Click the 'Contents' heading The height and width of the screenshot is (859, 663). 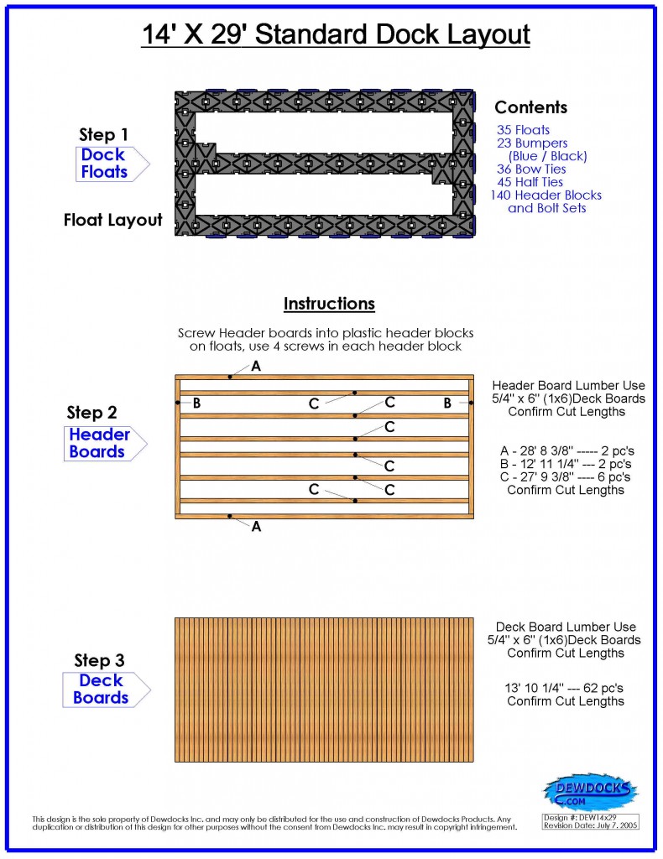530,107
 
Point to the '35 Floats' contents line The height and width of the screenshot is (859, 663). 523,130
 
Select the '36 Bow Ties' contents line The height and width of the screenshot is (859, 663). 530,169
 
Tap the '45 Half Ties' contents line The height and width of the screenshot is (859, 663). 530,182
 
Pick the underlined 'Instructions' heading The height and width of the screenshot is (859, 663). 329,304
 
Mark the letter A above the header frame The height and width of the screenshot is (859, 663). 256,367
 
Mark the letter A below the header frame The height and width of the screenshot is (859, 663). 256,526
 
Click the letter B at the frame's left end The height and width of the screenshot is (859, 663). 196,403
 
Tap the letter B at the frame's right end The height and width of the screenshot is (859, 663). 447,403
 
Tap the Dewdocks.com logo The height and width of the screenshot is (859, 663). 590,791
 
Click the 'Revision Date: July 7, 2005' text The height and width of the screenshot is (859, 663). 590,826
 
